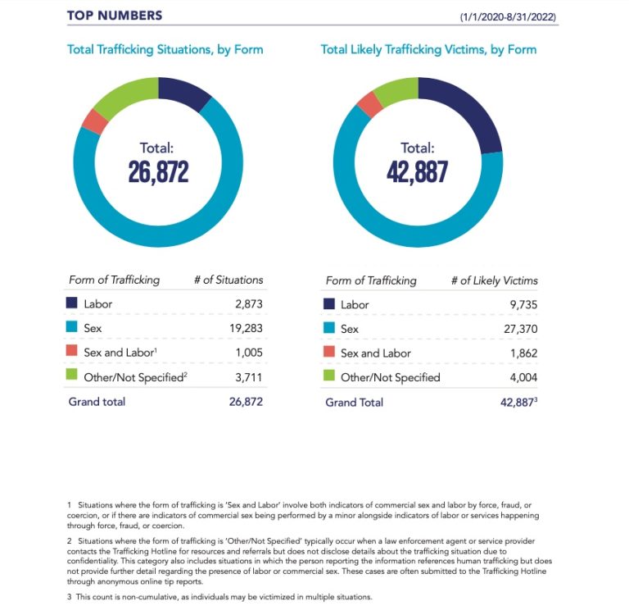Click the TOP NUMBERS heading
[114, 15]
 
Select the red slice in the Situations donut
[93, 121]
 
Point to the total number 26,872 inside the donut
[158, 171]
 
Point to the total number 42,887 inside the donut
[418, 171]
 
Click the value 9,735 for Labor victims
[521, 304]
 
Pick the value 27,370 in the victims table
[518, 329]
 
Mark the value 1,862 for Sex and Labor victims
[521, 353]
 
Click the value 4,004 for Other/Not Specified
[520, 378]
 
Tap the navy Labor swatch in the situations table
[73, 303]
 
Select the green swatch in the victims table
[330, 377]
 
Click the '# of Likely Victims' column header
[494, 280]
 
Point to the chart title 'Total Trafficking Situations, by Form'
[165, 49]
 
